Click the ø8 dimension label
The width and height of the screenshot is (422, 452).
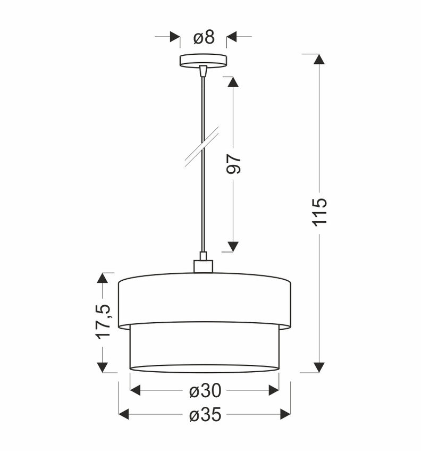pyautogui.click(x=204, y=37)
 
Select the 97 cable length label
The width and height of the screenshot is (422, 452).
pyautogui.click(x=234, y=164)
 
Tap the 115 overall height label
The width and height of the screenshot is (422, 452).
pyautogui.click(x=319, y=212)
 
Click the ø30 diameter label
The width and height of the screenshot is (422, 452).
pyautogui.click(x=205, y=391)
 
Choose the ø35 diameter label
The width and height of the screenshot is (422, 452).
pyautogui.click(x=205, y=415)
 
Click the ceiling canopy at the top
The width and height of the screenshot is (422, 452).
pyautogui.click(x=203, y=60)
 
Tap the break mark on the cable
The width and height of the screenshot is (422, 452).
pyautogui.click(x=202, y=149)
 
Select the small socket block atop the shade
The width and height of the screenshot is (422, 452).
pyautogui.click(x=202, y=265)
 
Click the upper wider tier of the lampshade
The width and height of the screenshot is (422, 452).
pyautogui.click(x=204, y=298)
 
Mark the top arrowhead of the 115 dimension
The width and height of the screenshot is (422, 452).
pyautogui.click(x=319, y=60)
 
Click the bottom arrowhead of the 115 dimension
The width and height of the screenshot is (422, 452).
pyautogui.click(x=319, y=366)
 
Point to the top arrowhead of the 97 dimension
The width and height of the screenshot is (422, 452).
pyautogui.click(x=232, y=82)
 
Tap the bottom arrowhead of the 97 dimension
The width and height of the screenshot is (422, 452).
pyautogui.click(x=232, y=246)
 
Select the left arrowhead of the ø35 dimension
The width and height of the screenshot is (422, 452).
pyautogui.click(x=124, y=414)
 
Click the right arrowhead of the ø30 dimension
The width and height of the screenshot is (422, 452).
pyautogui.click(x=273, y=391)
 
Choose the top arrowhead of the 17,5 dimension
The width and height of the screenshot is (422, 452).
pyautogui.click(x=103, y=279)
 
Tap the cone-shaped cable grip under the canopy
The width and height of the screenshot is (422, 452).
pyautogui.click(x=202, y=70)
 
